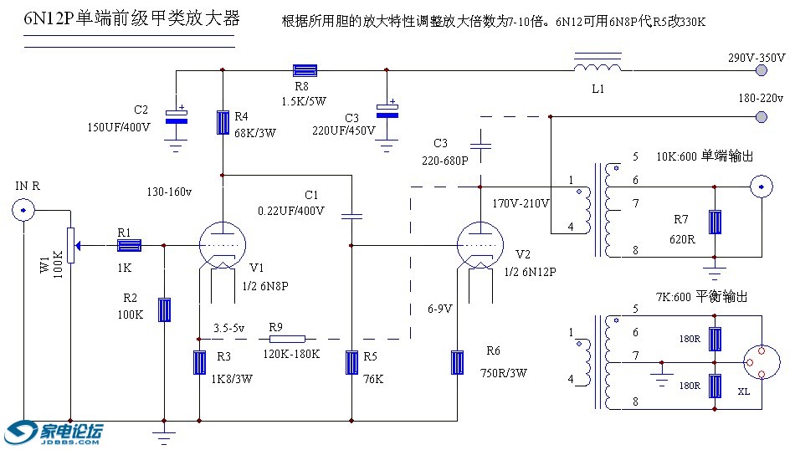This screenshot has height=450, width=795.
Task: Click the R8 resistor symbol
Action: pyautogui.click(x=303, y=71)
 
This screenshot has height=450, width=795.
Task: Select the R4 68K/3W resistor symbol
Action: pyautogui.click(x=223, y=122)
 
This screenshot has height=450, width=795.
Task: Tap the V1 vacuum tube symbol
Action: pyautogui.click(x=223, y=246)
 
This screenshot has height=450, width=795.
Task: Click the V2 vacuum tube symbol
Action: pyautogui.click(x=480, y=246)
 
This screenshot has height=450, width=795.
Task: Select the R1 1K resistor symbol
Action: pyautogui.click(x=128, y=245)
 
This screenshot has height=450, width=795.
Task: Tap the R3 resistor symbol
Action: pyautogui.click(x=200, y=363)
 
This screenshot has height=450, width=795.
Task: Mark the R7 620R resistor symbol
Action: pyautogui.click(x=715, y=222)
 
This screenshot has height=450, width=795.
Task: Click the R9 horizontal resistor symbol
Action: pyautogui.click(x=288, y=340)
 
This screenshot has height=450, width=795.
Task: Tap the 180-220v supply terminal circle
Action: pyautogui.click(x=762, y=117)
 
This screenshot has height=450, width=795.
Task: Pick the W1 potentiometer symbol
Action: pyautogui.click(x=71, y=245)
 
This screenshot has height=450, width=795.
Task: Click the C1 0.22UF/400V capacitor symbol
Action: pyautogui.click(x=351, y=216)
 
